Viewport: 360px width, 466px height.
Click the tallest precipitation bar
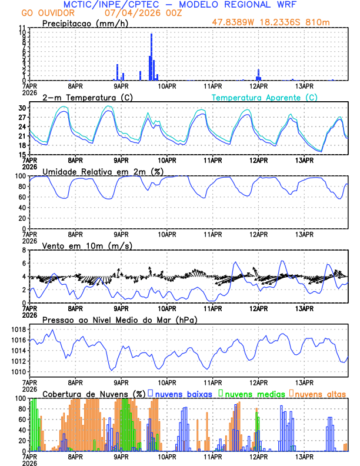coord(152,57)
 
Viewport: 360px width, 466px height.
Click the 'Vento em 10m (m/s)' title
coord(79,245)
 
